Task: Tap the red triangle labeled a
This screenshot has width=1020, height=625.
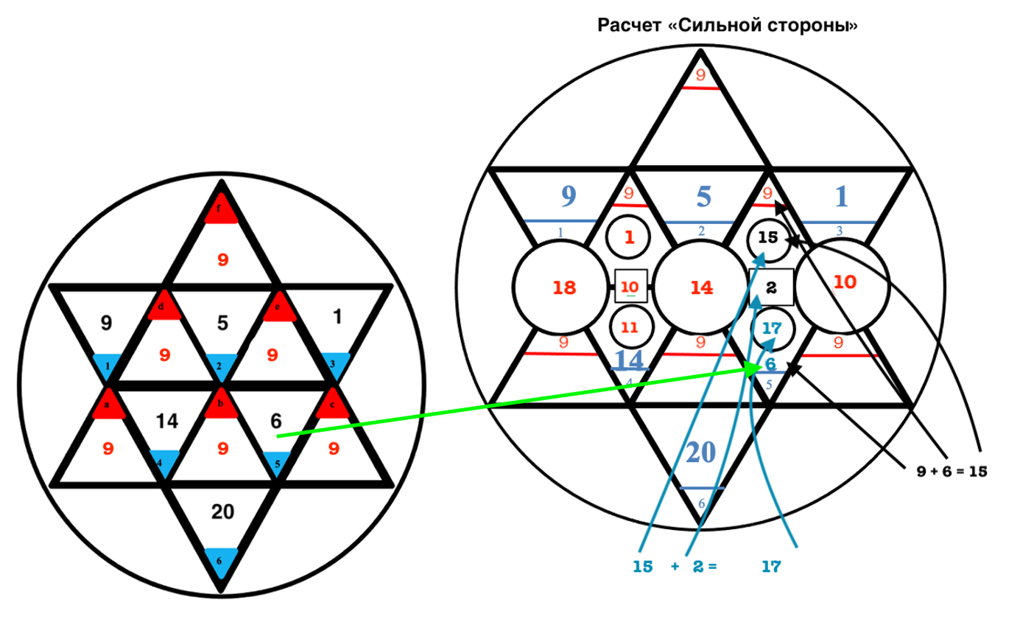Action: point(108,407)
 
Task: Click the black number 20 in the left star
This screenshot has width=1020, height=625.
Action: point(221,511)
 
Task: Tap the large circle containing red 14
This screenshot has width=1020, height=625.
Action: point(700,287)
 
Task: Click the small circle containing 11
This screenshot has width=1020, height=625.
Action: point(630,327)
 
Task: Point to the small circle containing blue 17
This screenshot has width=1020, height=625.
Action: point(771,328)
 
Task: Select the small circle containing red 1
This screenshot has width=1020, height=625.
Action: point(630,238)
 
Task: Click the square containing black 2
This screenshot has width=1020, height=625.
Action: point(771,287)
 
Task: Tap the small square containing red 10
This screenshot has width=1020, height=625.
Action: point(630,287)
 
